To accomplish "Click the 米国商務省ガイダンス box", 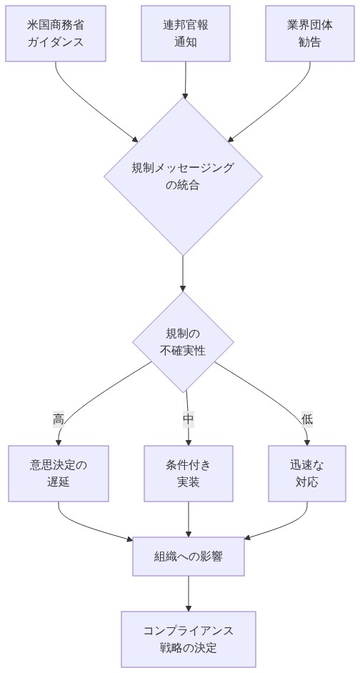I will point(56,34).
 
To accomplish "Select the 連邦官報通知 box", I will point(186,34).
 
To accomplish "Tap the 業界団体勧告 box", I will point(310,34).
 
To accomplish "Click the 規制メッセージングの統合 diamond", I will point(183,176).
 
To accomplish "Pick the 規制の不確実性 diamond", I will point(183,342).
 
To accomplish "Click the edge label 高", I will point(59,419).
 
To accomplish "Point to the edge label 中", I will point(188,419).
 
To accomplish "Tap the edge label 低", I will point(307,419).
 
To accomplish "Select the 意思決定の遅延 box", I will point(59,473).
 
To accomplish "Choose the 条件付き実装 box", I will point(189,473).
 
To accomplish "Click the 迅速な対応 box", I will point(307,473).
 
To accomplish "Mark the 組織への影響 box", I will point(189,555).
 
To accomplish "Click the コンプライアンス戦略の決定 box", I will point(189,639).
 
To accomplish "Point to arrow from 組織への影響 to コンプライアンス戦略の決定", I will point(189,593).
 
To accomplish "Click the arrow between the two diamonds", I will point(183,273).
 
